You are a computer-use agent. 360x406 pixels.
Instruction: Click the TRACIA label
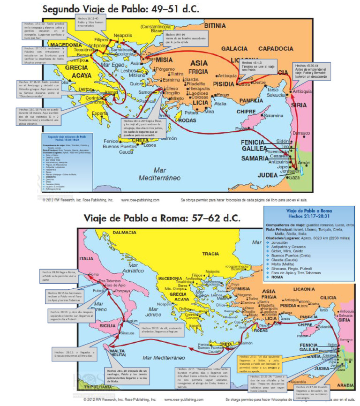click(x=210, y=254)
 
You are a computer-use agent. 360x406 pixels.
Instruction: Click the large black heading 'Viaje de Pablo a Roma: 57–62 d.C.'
click(x=162, y=219)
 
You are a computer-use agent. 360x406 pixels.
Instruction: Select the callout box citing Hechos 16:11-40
click(x=90, y=21)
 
